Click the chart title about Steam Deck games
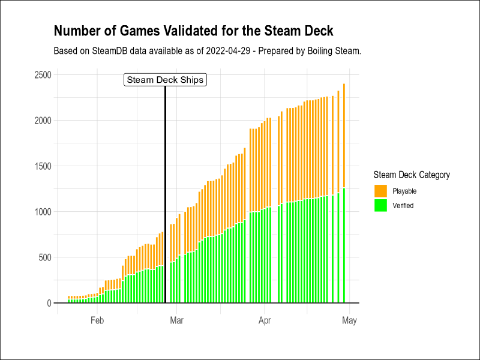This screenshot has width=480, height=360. click(193, 31)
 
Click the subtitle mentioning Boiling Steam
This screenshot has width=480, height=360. click(207, 51)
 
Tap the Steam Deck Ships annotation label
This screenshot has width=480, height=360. click(165, 80)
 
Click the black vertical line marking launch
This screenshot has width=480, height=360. click(165, 198)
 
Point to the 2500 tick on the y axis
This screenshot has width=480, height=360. click(42, 74)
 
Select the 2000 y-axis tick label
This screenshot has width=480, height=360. click(42, 120)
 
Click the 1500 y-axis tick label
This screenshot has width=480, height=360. click(42, 166)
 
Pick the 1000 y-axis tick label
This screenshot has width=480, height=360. click(42, 212)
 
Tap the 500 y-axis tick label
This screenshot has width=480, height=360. click(44, 257)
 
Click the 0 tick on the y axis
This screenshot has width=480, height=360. click(49, 303)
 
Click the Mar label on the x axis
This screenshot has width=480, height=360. click(176, 320)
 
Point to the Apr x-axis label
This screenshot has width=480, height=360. click(265, 320)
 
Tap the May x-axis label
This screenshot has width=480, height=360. click(349, 320)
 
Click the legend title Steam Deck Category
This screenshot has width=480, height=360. click(411, 175)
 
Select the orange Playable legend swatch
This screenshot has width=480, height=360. click(380, 191)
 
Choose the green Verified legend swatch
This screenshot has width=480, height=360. click(380, 205)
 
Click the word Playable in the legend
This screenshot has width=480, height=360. click(404, 191)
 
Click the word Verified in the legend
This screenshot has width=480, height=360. click(403, 205)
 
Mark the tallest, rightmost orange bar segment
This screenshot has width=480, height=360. click(344, 136)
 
